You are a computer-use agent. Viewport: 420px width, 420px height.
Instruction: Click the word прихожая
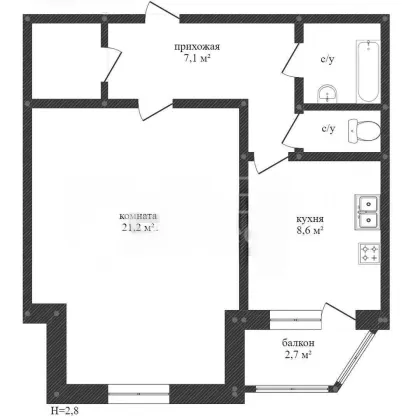pyautogui.click(x=197, y=47)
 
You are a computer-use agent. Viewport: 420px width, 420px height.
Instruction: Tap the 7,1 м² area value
pyautogui.click(x=197, y=59)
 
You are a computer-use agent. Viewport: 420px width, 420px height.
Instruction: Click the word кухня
pyautogui.click(x=310, y=219)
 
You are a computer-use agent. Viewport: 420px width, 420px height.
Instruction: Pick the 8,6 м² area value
pyautogui.click(x=310, y=230)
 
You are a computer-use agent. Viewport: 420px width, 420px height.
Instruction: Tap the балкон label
pyautogui.click(x=298, y=343)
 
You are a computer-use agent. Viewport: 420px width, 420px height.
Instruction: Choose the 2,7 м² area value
pyautogui.click(x=298, y=354)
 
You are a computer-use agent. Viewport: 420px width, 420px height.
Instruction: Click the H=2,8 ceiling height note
pyautogui.click(x=65, y=411)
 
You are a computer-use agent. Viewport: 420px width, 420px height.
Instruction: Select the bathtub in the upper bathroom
pyautogui.click(x=368, y=71)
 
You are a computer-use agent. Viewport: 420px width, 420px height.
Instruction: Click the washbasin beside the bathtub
pyautogui.click(x=327, y=94)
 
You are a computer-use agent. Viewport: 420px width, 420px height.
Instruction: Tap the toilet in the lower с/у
pyautogui.click(x=364, y=131)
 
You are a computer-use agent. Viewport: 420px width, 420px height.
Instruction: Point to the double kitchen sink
pyautogui.click(x=367, y=212)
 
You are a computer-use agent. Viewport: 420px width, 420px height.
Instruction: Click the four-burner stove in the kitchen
pyautogui.click(x=369, y=254)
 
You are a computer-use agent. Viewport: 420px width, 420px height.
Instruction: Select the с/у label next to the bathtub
pyautogui.click(x=328, y=60)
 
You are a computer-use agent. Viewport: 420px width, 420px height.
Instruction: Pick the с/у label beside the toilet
pyautogui.click(x=328, y=129)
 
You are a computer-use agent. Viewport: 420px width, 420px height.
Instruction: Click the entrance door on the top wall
pyautogui.click(x=162, y=13)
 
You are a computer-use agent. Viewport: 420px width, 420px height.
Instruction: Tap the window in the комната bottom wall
pyautogui.click(x=139, y=394)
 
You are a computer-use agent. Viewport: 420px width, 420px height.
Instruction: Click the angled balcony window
pyautogui.click(x=355, y=359)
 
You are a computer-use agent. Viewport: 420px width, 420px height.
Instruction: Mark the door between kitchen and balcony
pyautogui.click(x=338, y=313)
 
